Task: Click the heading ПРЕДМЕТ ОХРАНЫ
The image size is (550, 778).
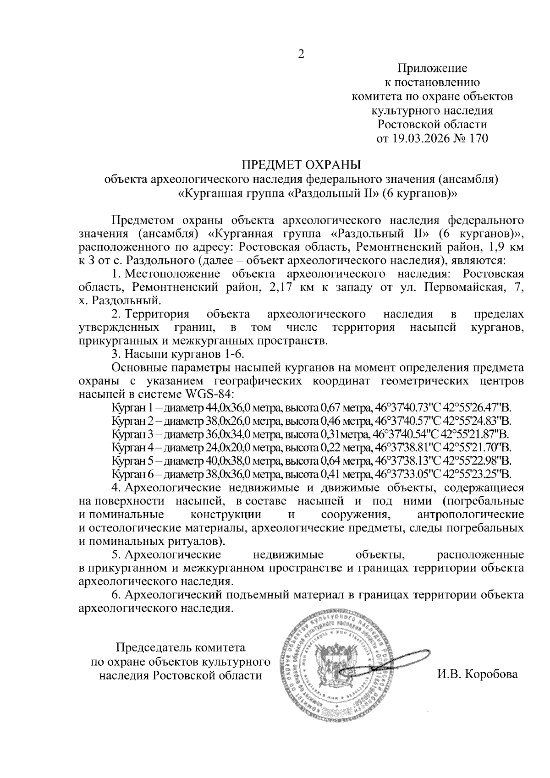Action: pos(301,164)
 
